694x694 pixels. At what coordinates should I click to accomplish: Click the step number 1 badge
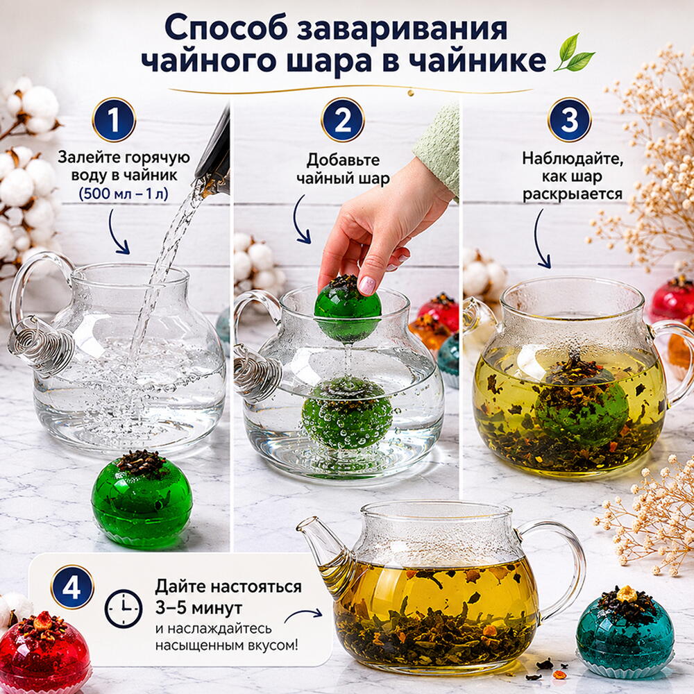coord(114,119)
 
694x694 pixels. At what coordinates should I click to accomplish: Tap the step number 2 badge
coord(343,119)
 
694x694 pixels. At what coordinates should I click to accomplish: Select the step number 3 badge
coord(569,119)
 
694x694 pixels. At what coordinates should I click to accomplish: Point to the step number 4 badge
coord(72,587)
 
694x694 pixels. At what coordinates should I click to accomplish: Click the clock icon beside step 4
coord(124,609)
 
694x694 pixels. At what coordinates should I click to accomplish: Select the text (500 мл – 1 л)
coord(124,194)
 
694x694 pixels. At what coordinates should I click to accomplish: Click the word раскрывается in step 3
coord(573,194)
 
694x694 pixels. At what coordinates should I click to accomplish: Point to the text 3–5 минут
coord(198,608)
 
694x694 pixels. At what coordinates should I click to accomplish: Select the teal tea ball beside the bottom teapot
coord(625,627)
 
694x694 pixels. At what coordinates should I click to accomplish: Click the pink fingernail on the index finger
coord(366,285)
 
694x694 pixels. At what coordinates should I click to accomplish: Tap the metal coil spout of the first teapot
coord(41,344)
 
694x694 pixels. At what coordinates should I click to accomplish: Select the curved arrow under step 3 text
coord(541,239)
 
